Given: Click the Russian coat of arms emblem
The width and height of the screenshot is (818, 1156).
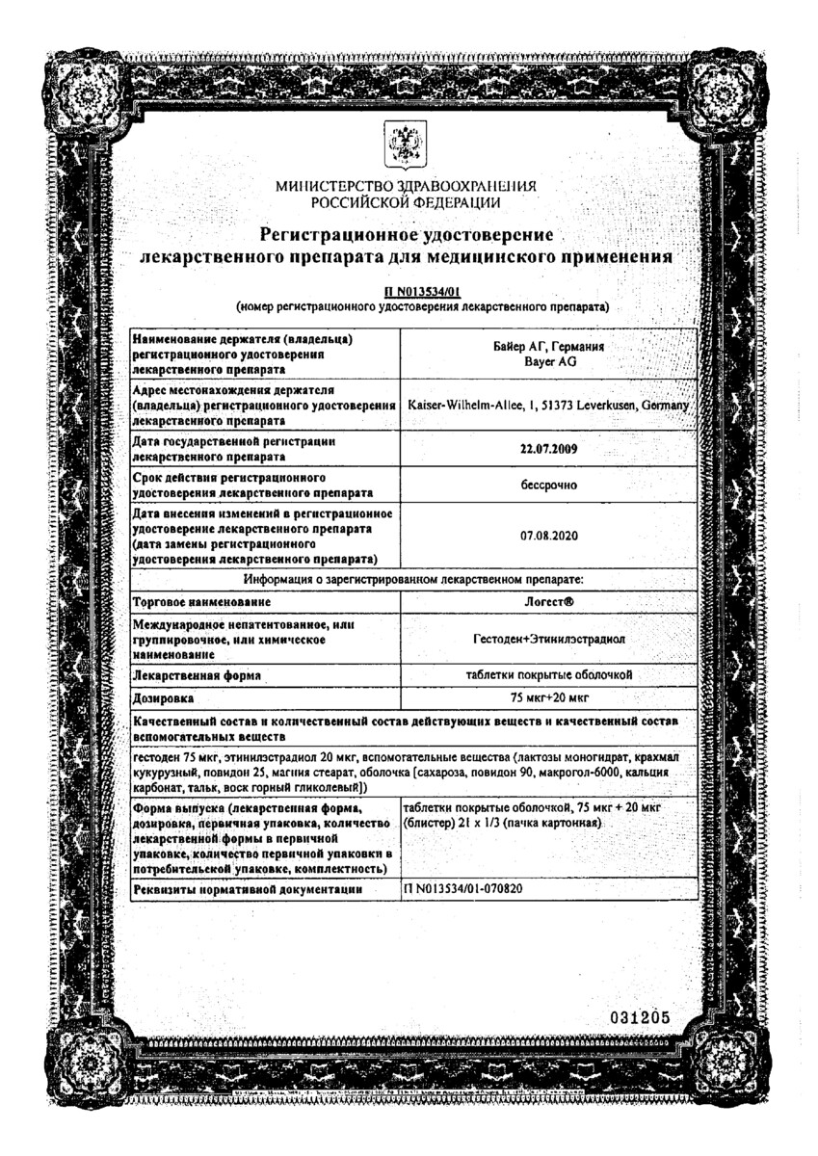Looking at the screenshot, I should [x=407, y=146].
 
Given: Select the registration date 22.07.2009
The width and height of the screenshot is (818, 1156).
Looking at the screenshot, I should [x=547, y=449].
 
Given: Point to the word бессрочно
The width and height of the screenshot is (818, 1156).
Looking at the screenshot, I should [x=547, y=486].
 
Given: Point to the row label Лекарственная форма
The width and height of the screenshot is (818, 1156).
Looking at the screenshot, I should [x=197, y=675].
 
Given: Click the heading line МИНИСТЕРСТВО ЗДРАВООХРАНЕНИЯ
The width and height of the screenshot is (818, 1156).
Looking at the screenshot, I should [x=406, y=186].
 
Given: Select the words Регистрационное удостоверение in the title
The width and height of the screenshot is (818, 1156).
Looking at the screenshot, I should [x=406, y=235].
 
